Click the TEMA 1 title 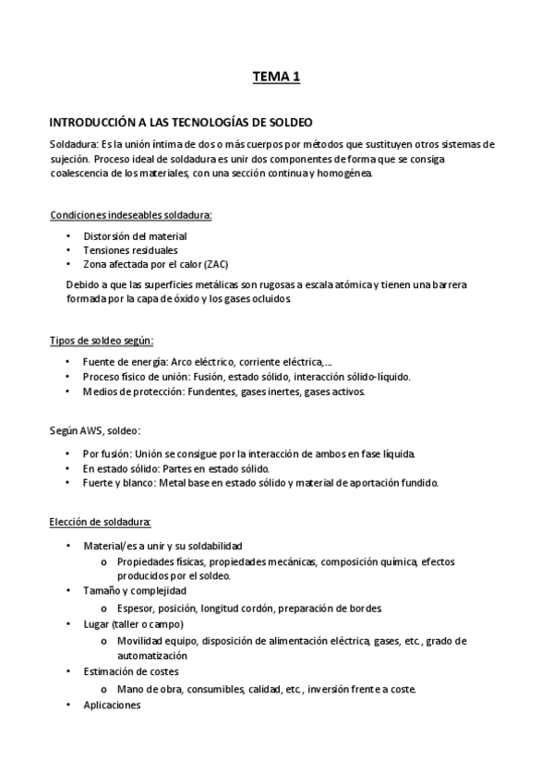(x=277, y=78)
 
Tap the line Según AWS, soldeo (x=95, y=430)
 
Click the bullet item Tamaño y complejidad (x=135, y=589)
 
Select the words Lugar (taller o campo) (x=134, y=623)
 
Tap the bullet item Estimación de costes (x=131, y=671)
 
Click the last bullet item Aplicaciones (x=112, y=705)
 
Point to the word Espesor (x=137, y=608)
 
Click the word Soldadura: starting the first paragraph (x=74, y=144)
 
